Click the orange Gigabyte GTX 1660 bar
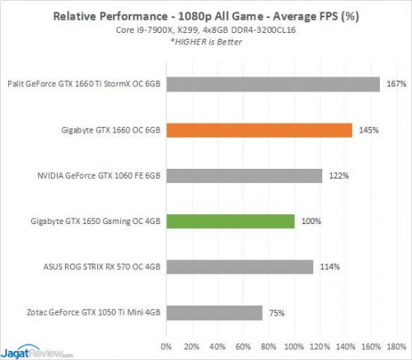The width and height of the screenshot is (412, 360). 259,130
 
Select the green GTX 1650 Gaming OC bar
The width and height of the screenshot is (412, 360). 230,222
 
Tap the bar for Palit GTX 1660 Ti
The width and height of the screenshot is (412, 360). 272,84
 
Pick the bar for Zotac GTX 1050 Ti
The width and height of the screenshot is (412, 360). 214,312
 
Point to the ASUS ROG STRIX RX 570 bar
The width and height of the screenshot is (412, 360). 239,267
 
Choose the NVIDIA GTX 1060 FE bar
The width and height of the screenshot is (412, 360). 244,175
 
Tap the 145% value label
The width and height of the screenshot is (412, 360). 368,130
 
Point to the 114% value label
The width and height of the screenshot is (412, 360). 328,267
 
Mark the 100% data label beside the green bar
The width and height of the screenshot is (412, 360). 310,222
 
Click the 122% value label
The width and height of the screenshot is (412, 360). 336,175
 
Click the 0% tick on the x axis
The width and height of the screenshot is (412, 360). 166,344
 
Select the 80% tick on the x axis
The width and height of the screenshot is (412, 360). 269,344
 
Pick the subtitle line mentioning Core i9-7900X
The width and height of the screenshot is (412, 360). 206,30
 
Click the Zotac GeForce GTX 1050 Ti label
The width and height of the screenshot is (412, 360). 90,313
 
